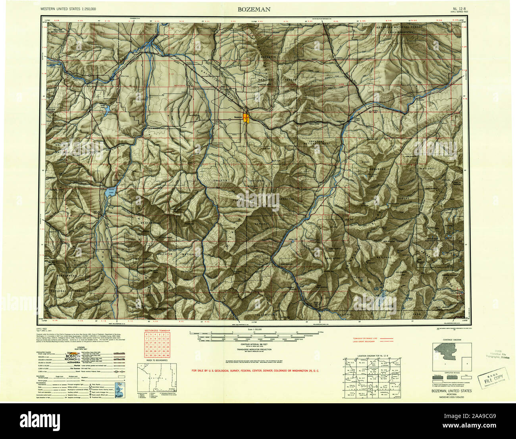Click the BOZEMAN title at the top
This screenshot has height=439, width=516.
coord(254,9)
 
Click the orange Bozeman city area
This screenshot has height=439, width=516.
coord(247,118)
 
